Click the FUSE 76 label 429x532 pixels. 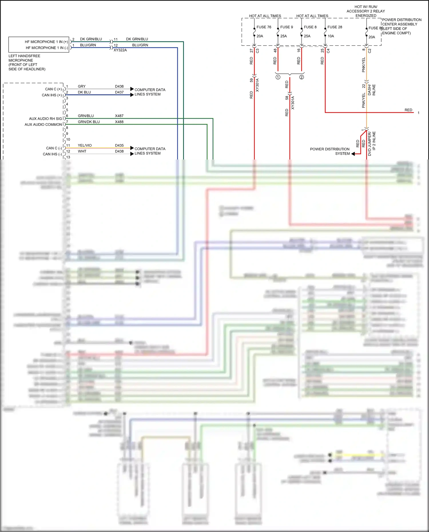264,27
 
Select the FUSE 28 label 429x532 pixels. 335,27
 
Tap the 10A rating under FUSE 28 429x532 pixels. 331,36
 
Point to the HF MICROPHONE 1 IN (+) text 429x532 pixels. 46,42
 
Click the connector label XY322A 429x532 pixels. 120,50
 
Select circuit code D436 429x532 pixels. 119,86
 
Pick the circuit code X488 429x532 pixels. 119,122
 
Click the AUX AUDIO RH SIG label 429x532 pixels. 45,119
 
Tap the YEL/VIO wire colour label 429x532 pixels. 85,146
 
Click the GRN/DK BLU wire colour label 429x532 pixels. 89,122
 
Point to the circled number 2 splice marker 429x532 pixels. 301,77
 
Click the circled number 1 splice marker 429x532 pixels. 278,77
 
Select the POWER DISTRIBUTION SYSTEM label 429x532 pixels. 330,151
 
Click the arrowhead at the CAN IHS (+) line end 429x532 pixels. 132,95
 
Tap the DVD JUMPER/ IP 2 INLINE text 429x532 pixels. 372,144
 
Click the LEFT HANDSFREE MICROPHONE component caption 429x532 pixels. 27,62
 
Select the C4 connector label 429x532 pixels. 328,51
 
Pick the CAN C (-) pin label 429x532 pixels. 54,148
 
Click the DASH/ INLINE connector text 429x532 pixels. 372,90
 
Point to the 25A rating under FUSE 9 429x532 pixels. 283,36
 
